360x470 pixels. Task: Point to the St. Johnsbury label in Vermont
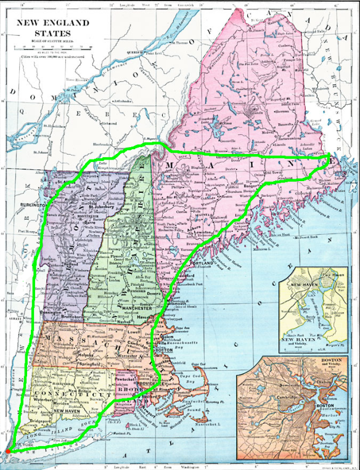coord(105,207)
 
